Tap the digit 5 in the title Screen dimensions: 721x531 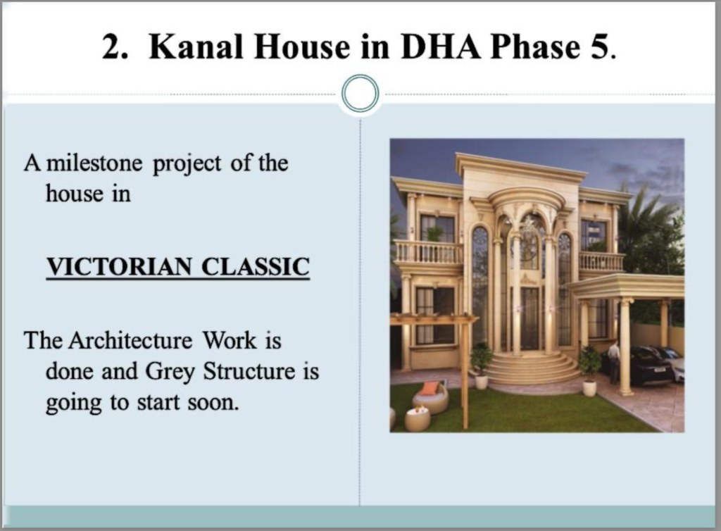pyautogui.click(x=599, y=47)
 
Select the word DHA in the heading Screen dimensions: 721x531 pyautogui.click(x=440, y=47)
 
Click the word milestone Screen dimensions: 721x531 pyautogui.click(x=95, y=163)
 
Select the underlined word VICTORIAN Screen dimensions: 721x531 pyautogui.click(x=120, y=267)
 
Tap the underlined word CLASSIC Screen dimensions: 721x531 pyautogui.click(x=256, y=267)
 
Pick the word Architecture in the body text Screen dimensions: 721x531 pyautogui.click(x=130, y=341)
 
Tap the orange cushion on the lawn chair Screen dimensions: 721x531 pyautogui.click(x=430, y=389)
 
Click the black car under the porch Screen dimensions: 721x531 pyautogui.click(x=652, y=366)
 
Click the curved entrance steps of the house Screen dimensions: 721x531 pyautogui.click(x=531, y=368)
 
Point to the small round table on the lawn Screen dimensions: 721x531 pyautogui.click(x=418, y=418)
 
